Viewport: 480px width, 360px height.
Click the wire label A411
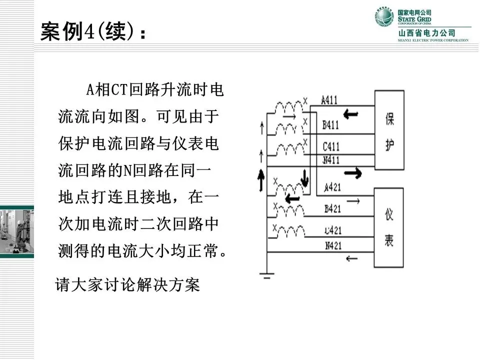coord(329,100)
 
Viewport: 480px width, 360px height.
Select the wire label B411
coord(330,125)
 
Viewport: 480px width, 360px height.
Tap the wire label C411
coord(330,146)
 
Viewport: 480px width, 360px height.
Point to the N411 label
coord(330,160)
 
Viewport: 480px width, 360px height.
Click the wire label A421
coord(332,187)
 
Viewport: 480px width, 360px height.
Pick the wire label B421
coord(332,209)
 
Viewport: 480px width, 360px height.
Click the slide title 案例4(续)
coord(93,33)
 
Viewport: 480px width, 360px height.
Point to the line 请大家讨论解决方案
coord(127,285)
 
